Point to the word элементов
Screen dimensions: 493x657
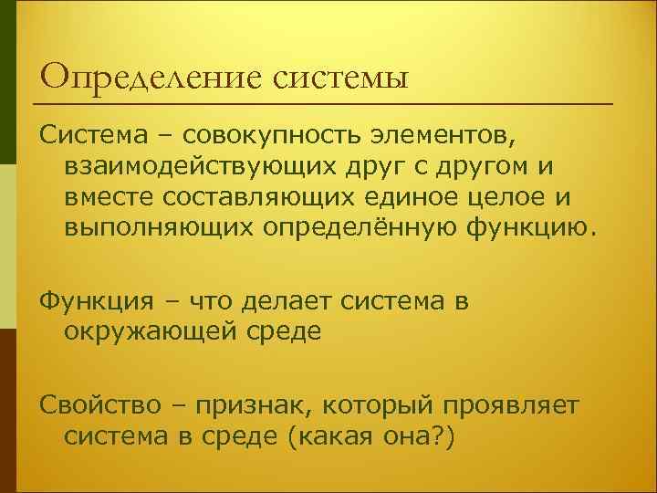click(445, 136)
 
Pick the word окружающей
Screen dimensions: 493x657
click(153, 330)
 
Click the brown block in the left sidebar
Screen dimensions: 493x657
click(8, 411)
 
